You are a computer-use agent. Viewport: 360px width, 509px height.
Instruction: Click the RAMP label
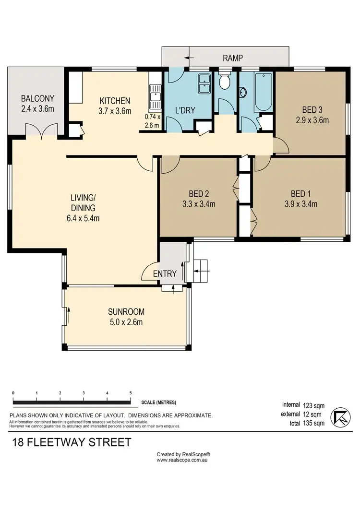[x=233, y=59]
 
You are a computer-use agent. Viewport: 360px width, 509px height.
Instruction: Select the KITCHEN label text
[x=115, y=101]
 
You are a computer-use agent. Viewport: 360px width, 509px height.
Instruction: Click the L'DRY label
[x=185, y=110]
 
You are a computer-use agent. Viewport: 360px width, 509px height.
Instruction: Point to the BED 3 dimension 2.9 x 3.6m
[x=312, y=120]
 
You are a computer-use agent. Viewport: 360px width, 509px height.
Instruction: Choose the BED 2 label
[x=198, y=194]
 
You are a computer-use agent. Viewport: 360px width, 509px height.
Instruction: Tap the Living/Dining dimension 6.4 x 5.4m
[x=83, y=218]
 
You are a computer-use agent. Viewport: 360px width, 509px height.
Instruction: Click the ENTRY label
[x=165, y=274]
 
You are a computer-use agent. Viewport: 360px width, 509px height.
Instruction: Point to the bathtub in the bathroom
[x=263, y=91]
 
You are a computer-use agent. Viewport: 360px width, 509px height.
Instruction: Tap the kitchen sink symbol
[x=155, y=95]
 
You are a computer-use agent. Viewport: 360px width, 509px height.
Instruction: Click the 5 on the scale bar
[x=131, y=393]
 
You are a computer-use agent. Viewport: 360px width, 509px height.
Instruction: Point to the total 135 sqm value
[x=314, y=423]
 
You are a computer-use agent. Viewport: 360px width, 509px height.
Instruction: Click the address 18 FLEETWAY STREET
[x=72, y=442]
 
